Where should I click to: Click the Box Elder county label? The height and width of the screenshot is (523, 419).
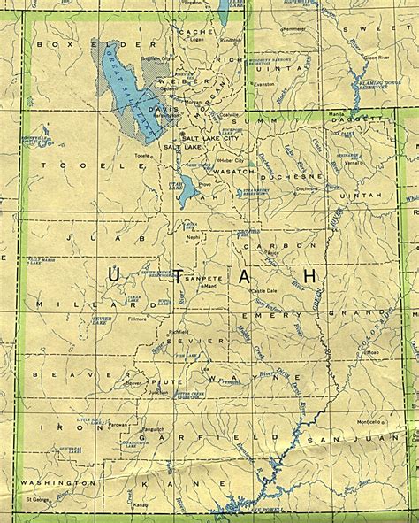click(x=66, y=43)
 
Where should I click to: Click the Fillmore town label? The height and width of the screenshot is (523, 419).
click(x=137, y=318)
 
